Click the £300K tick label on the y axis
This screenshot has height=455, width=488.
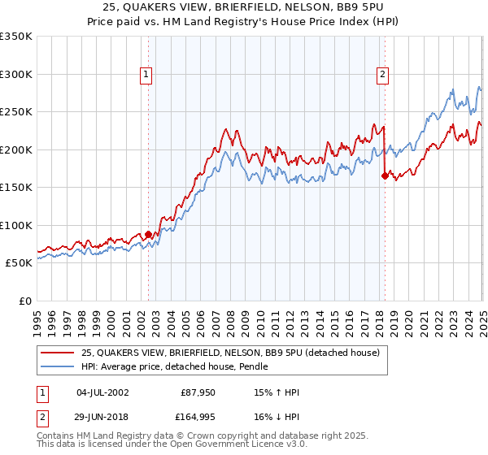click(x=17, y=74)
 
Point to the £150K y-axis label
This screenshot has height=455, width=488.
click(x=17, y=187)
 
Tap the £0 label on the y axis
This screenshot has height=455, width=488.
click(x=25, y=301)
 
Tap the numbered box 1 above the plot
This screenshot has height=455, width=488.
click(x=146, y=75)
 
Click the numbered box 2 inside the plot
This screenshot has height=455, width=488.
click(x=382, y=75)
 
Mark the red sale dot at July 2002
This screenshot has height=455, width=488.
click(x=149, y=234)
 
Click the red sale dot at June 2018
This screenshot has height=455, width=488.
click(x=385, y=174)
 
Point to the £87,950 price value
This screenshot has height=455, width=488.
click(x=198, y=392)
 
